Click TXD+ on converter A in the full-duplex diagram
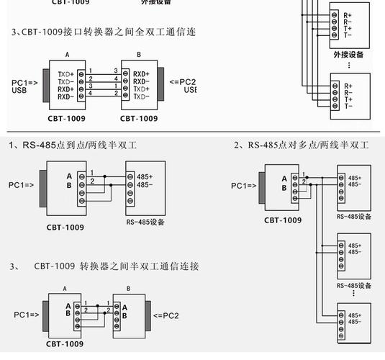point(66,74)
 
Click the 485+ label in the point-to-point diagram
point(145,176)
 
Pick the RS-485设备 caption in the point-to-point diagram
point(145,222)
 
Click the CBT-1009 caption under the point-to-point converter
point(65,228)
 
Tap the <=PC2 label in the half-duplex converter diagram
point(165,315)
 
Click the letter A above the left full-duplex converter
point(67,55)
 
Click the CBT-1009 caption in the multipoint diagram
point(283,220)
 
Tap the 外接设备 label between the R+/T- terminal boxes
point(348,54)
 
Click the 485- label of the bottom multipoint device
point(355,322)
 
